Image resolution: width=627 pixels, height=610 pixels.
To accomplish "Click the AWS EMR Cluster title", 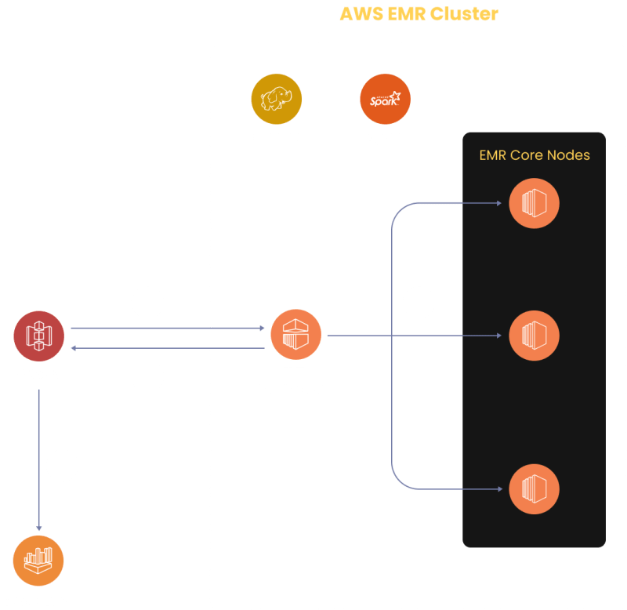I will [x=419, y=14].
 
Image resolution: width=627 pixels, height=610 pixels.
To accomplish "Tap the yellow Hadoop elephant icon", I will [x=276, y=100].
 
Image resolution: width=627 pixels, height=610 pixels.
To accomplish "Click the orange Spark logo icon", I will [x=385, y=100].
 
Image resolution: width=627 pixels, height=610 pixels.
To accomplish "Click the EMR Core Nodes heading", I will [x=534, y=155].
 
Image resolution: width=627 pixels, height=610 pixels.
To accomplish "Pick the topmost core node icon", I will [x=534, y=204].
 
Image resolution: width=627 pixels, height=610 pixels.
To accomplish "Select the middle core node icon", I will [x=534, y=336].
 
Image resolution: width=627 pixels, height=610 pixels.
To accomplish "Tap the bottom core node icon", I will [x=534, y=488].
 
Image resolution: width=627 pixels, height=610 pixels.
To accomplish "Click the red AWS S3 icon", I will [x=38, y=336].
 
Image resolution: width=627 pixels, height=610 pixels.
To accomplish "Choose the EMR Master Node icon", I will [x=295, y=335].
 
